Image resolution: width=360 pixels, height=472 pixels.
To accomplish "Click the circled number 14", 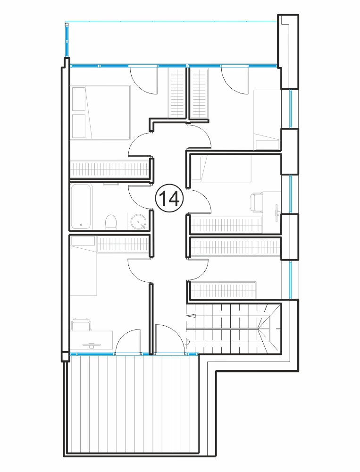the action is point(169,198).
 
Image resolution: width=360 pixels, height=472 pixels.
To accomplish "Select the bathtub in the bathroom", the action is point(81,206).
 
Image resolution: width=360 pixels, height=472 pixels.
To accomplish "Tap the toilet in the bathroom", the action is point(110,222).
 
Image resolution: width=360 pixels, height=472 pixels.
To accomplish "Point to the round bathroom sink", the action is point(138,222).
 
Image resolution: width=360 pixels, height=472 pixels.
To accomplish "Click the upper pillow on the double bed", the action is point(79,99).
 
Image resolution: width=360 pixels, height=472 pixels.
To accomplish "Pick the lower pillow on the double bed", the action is point(79,126).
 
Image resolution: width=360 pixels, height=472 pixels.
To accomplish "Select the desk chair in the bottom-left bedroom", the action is point(81,325).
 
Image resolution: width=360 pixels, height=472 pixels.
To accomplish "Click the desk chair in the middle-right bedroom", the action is point(257,203).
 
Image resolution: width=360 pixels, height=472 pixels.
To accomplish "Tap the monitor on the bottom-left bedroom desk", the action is point(92,345).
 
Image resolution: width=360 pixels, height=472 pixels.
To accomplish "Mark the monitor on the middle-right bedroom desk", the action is point(276,210).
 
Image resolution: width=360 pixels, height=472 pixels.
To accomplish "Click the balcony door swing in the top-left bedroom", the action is point(143,81).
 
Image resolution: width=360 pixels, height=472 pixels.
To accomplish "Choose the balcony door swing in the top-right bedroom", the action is point(235,81).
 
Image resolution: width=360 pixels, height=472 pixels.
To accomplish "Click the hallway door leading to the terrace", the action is point(169,338).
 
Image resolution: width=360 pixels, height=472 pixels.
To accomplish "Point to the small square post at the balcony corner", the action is point(67,25).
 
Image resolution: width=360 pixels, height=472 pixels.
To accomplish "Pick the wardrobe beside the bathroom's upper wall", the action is point(109,169).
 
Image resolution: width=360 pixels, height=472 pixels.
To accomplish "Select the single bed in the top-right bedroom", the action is point(268,119).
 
